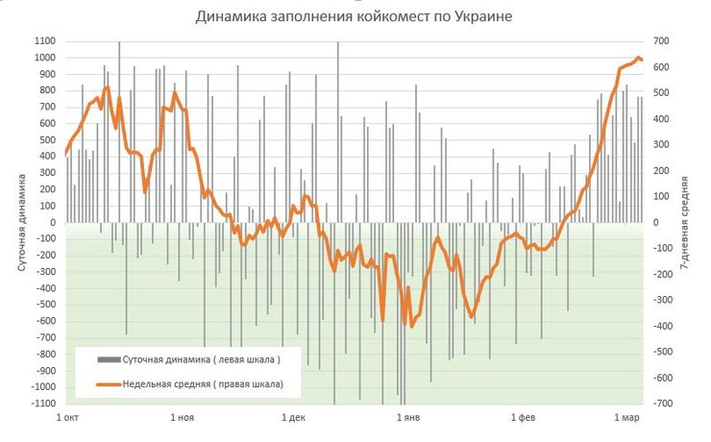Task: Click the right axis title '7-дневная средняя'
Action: [684, 220]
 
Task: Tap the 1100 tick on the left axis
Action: [45, 41]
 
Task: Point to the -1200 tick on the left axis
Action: [43, 405]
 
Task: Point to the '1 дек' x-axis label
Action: [294, 419]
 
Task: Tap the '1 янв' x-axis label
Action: [408, 419]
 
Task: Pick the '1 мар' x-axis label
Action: [626, 419]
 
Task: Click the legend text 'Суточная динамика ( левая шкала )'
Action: [201, 360]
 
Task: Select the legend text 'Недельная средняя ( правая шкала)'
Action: [202, 385]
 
